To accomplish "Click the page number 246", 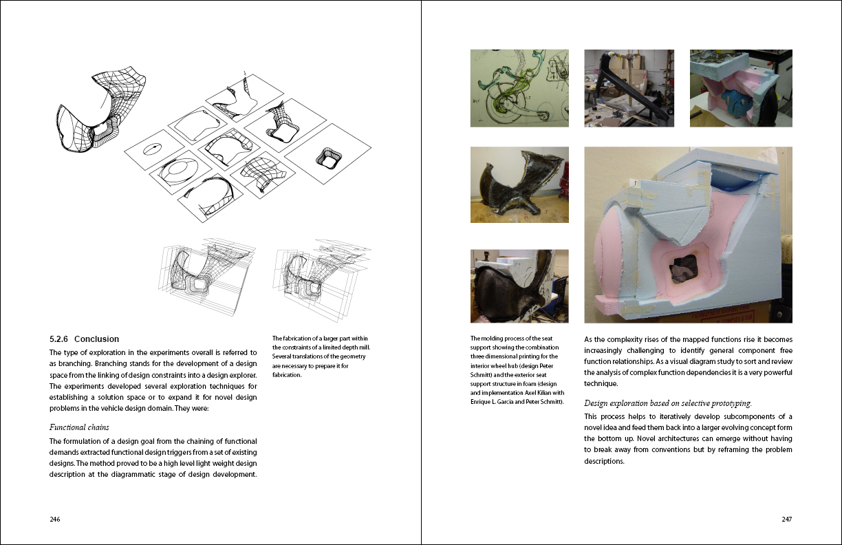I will coord(55,520).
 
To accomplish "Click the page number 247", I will coord(786,520).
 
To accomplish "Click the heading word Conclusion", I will coord(96,339).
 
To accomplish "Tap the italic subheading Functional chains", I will coord(79,427).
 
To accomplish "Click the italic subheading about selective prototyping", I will coord(667,403).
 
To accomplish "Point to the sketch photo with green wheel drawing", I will coord(519,88).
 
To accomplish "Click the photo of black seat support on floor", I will coord(519,184).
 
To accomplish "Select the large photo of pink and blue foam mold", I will coord(688,235).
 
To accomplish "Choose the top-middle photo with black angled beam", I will coord(629,88).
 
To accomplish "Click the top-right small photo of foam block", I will coord(741,88).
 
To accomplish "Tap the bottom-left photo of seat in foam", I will coord(519,286).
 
